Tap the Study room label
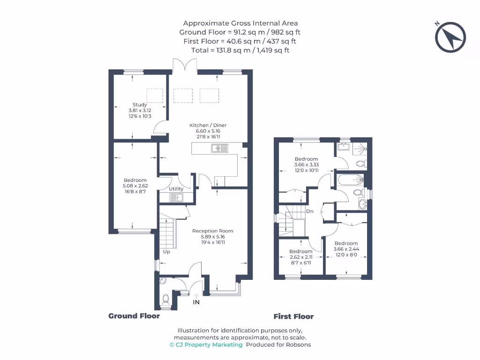click(x=140, y=105)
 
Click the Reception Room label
click(x=212, y=231)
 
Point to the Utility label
click(x=176, y=189)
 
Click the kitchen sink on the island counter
click(x=219, y=149)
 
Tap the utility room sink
click(x=180, y=197)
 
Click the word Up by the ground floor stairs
click(x=166, y=252)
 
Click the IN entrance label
click(x=196, y=302)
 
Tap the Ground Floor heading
click(x=134, y=316)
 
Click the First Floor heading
click(x=293, y=316)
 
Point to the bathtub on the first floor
click(x=350, y=180)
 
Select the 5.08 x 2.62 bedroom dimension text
click(x=135, y=186)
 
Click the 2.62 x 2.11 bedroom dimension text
click(x=300, y=257)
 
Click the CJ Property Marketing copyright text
click(x=206, y=345)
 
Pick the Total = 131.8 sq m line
click(x=240, y=50)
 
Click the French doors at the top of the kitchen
click(x=184, y=66)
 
